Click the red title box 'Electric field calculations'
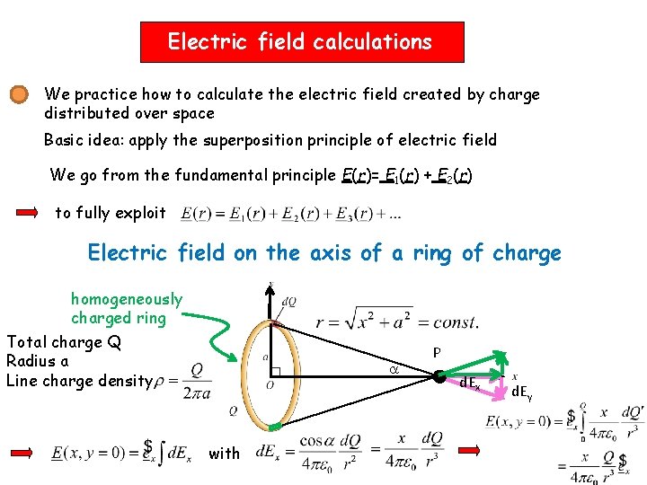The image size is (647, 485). (x=302, y=42)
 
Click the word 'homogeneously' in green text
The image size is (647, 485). (x=127, y=299)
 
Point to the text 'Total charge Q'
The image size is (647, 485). (x=64, y=341)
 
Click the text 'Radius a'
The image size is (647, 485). (x=38, y=361)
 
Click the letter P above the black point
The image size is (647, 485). (x=437, y=354)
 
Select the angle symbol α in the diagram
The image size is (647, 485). (x=393, y=369)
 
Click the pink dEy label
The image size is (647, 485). (x=522, y=392)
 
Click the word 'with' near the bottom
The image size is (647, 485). (x=224, y=454)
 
